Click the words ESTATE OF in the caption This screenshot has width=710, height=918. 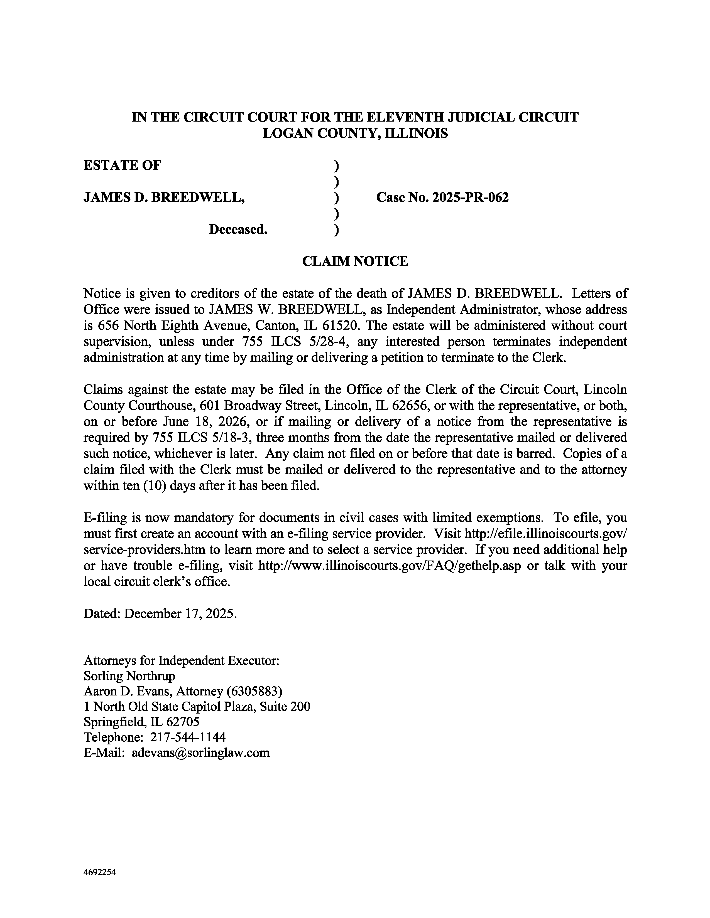[x=122, y=165]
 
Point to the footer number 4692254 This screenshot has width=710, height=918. [x=100, y=872]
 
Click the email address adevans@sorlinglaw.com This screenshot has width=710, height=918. [x=201, y=752]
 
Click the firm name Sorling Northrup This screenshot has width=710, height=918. [x=129, y=676]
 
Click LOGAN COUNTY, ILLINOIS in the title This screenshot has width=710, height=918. [x=355, y=133]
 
